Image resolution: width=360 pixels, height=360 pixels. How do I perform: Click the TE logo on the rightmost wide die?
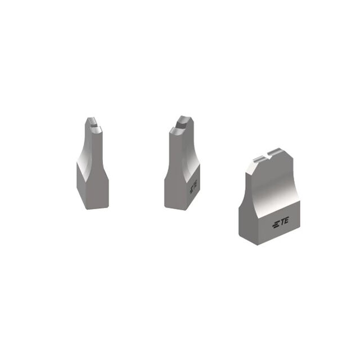[280, 223]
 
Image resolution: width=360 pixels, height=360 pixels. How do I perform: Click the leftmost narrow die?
[92, 163]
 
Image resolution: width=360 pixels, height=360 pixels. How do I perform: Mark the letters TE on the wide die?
[284, 221]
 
